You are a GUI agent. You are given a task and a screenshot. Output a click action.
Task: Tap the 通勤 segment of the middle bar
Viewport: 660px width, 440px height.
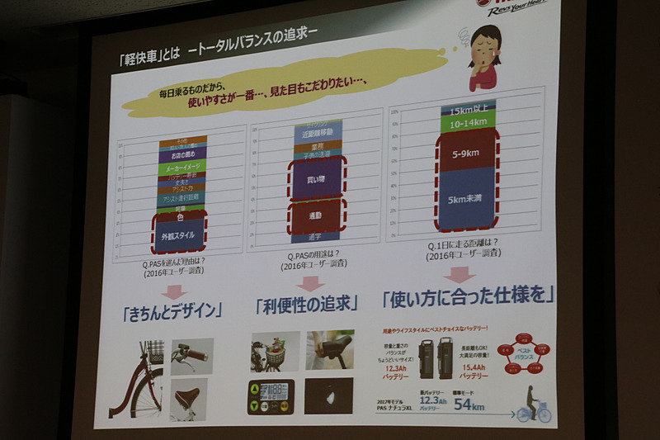coord(316,215)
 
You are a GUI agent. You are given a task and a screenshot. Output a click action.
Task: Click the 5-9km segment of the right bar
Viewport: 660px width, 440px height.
coord(467,152)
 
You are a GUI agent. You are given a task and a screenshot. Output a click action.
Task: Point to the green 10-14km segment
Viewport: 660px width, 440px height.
coord(467,122)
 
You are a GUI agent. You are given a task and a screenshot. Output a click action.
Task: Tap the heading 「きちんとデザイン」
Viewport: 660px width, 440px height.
coord(172,313)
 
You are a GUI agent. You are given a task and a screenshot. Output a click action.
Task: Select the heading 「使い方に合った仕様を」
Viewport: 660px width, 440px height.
coord(466,294)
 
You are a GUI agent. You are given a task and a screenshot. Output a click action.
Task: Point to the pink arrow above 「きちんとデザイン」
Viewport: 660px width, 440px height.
coord(173,290)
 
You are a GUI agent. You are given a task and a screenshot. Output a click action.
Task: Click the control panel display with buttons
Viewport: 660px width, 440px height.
coord(271,397)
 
